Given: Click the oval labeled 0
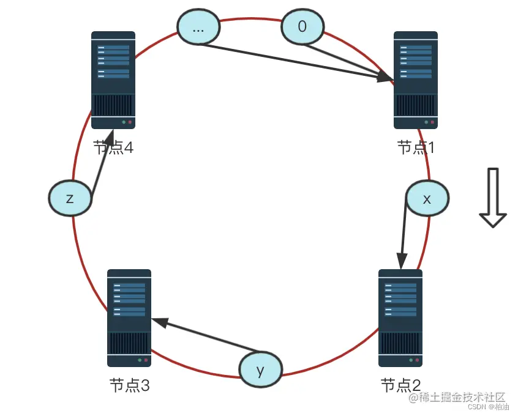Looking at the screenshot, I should point(302,26).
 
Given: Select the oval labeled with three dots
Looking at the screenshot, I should point(198,28).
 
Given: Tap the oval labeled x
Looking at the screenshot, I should point(427,198).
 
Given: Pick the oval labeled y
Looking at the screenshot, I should point(260,370).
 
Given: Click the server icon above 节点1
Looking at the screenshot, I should point(416,80).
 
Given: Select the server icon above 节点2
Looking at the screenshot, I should point(400,318).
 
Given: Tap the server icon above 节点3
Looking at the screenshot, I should point(129,318).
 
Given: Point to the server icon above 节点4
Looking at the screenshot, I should point(113,80).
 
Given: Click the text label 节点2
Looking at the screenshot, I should point(401,385).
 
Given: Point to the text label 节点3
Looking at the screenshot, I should point(129,385).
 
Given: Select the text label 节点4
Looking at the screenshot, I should point(113,147).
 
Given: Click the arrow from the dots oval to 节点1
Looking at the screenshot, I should point(294,62).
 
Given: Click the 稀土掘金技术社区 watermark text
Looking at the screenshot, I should point(457,398).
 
